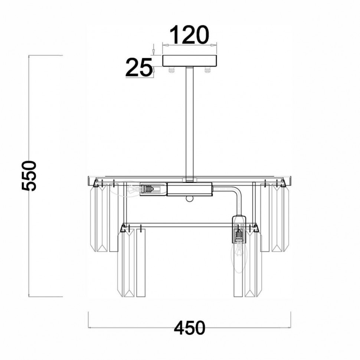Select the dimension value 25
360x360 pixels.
pos(139,67)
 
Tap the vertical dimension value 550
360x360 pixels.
pos(29,176)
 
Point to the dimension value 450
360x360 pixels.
pos(189,328)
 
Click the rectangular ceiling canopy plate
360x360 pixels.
pos(190,61)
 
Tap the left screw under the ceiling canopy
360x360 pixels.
pos(171,70)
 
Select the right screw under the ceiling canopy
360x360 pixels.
pos(207,70)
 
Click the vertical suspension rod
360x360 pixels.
pos(190,124)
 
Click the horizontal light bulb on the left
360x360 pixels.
pos(125,189)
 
